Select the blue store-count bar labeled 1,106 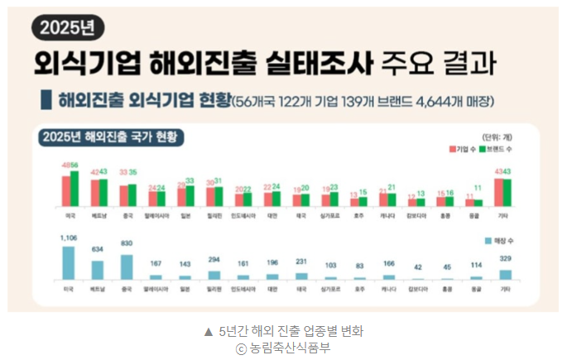pyautogui.click(x=69, y=263)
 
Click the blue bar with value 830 pyautogui.click(x=127, y=267)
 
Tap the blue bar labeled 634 pyautogui.click(x=98, y=271)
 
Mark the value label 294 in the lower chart pyautogui.click(x=214, y=260)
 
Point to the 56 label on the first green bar pyautogui.click(x=74, y=165)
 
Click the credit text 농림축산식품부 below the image pyautogui.click(x=291, y=348)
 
